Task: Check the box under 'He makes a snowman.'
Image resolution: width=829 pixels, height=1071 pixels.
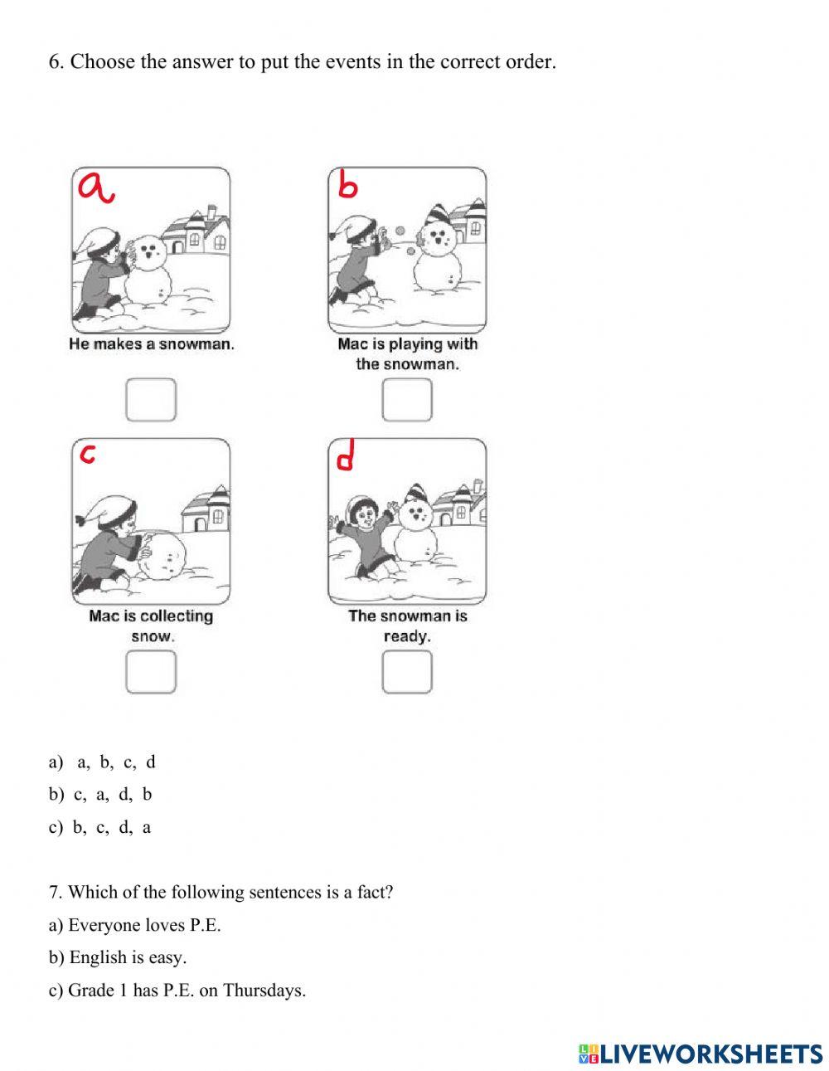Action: coord(151,399)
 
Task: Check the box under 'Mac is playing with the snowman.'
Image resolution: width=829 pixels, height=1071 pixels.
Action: coord(407,399)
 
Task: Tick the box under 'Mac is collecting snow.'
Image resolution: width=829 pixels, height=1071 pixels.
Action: coord(151,671)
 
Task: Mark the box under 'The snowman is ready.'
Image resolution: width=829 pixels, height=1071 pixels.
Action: coord(407,671)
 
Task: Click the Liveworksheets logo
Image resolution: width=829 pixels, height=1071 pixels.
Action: coord(700,1054)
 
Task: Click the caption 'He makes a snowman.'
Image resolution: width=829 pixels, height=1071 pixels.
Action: coord(152,344)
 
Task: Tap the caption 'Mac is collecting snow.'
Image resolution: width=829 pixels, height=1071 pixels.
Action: coord(151,626)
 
